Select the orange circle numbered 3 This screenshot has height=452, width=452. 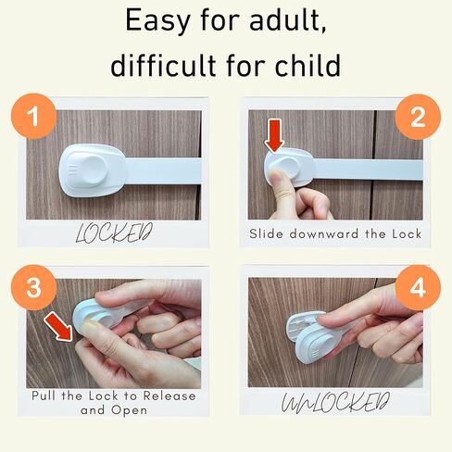pos(33,289)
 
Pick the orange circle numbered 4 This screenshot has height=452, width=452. pos(418,289)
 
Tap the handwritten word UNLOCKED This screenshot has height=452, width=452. pos(336,404)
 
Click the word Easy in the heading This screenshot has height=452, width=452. pos(159,20)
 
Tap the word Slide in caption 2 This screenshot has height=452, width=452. pos(269,233)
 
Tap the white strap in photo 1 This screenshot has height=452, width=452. pos(162,170)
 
